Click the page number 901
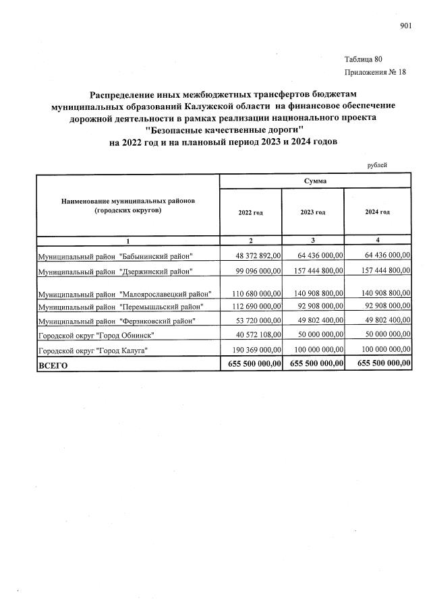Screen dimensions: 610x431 (405, 26)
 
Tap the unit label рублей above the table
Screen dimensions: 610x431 (377, 164)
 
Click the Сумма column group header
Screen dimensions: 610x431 (315, 181)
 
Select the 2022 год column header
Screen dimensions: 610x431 (250, 212)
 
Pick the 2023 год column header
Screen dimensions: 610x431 (313, 212)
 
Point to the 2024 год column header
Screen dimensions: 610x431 (377, 212)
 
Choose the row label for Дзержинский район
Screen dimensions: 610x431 (115, 271)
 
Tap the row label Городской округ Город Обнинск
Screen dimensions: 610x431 (96, 335)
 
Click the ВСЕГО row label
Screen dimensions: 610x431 (53, 365)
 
